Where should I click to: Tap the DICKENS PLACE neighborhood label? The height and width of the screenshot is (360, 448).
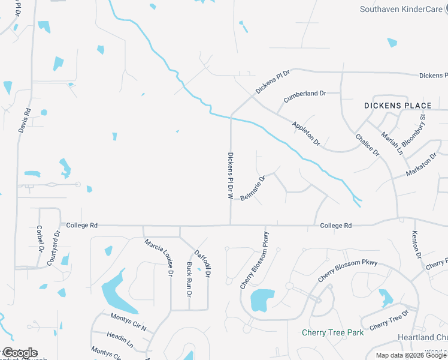(x=398, y=106)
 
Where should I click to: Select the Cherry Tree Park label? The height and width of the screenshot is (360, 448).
(x=332, y=332)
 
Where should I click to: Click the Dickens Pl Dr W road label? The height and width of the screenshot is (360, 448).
(x=230, y=175)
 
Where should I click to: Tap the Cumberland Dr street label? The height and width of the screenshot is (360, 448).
(x=304, y=94)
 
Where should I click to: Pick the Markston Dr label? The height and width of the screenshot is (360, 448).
(x=422, y=163)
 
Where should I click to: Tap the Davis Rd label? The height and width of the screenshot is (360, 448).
(x=23, y=120)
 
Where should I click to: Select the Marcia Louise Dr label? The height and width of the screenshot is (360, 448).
(x=158, y=257)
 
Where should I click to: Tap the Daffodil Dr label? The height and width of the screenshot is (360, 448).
(x=202, y=263)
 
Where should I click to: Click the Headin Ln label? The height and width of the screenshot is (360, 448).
(x=120, y=340)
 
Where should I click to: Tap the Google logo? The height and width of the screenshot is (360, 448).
(x=19, y=353)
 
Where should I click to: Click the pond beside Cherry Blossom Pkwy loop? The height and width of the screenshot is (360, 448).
(x=262, y=299)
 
